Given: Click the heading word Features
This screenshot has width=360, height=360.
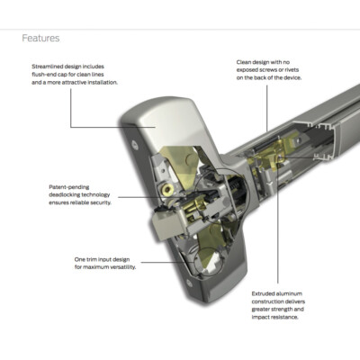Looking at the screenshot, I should (x=41, y=39).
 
